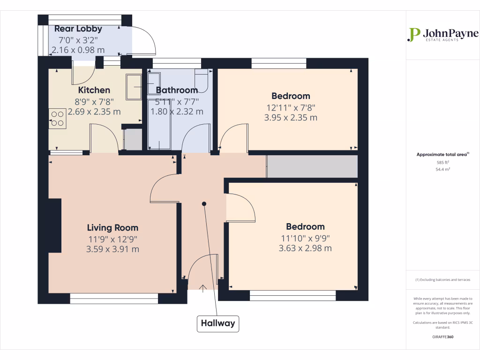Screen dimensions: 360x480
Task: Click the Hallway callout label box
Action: pos(217,323)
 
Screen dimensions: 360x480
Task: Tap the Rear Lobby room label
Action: pos(78,29)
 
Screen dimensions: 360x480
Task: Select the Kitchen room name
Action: pos(94,90)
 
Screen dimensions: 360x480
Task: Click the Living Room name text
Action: pos(112,228)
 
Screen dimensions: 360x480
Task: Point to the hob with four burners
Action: pos(58,118)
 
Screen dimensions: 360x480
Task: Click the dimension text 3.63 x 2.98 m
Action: pos(305,248)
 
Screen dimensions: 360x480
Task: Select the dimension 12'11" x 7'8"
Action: pos(291,107)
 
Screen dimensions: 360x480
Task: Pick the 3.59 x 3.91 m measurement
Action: pos(112,249)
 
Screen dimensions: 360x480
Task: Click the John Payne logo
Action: pos(443,35)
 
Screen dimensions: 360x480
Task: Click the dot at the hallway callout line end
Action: pos(204,203)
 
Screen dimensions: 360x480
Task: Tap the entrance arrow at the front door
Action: pos(203,288)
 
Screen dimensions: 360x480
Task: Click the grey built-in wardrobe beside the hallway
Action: pos(312,166)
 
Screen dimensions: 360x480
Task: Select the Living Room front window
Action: pos(114,296)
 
